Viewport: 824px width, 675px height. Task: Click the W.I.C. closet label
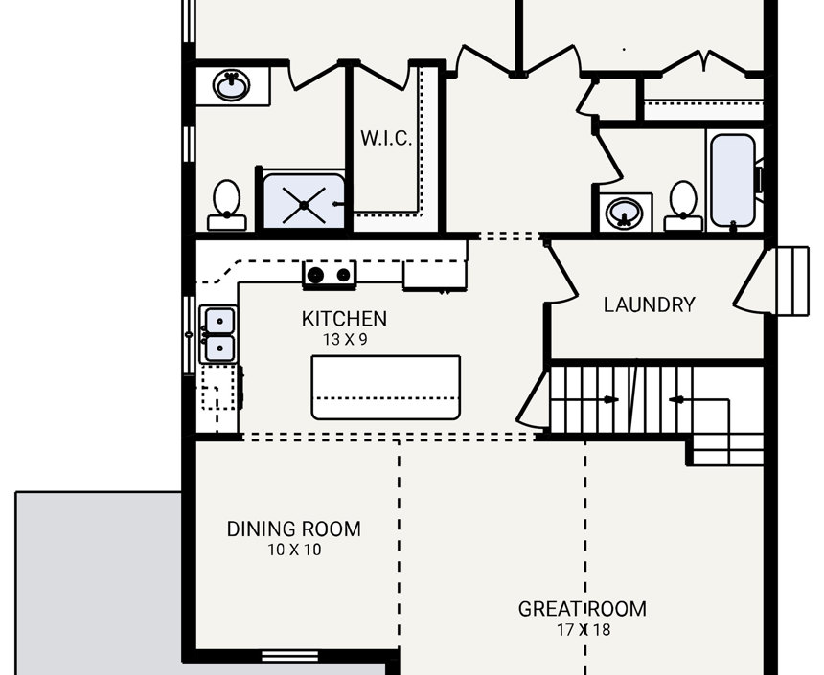(386, 138)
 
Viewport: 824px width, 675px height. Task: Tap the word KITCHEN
(344, 319)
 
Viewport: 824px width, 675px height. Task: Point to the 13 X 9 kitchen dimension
(344, 339)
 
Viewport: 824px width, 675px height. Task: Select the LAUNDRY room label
(649, 305)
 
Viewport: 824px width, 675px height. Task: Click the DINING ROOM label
(293, 529)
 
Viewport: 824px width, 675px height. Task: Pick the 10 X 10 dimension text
(293, 551)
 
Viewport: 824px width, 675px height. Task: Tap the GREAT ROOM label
(582, 609)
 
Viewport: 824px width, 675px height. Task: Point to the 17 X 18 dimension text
(582, 630)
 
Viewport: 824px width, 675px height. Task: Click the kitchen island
(385, 387)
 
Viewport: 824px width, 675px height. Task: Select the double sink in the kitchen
(218, 334)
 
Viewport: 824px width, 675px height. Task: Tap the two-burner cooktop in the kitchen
(329, 275)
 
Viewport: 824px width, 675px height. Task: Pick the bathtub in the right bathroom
(733, 180)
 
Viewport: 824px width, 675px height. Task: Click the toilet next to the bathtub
(683, 205)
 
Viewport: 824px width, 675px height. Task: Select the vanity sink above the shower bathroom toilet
(231, 86)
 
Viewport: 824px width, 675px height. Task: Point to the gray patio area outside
(96, 584)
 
